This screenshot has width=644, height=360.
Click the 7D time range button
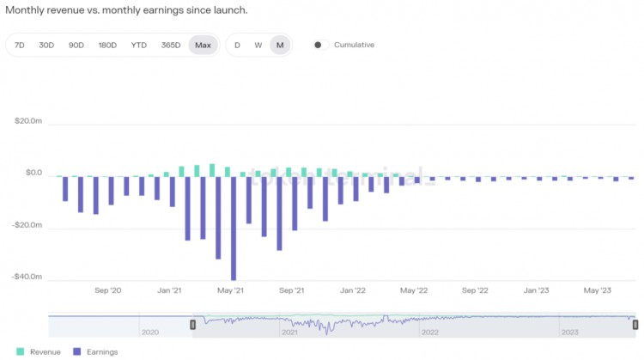(x=20, y=45)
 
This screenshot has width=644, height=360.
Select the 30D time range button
(x=46, y=45)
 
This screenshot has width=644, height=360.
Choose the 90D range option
(x=76, y=45)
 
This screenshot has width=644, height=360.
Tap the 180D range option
(x=107, y=45)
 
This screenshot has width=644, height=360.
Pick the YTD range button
(x=138, y=45)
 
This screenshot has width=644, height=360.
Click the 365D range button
(x=170, y=45)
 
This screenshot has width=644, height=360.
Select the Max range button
(x=203, y=45)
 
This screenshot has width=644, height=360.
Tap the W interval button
(x=258, y=45)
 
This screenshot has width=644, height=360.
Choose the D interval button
(x=237, y=45)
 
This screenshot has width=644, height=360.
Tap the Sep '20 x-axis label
(x=108, y=291)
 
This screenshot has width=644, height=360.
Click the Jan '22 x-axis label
(x=354, y=291)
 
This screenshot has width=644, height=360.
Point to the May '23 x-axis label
(x=598, y=291)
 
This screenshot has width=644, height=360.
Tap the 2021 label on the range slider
(x=289, y=332)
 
